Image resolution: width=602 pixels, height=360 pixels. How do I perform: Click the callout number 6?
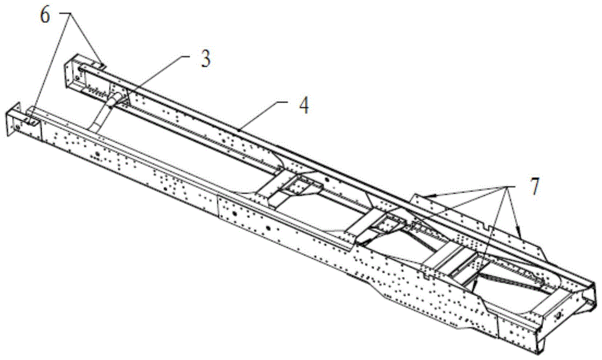pyautogui.click(x=45, y=14)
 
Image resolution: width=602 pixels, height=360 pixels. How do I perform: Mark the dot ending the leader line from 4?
pyautogui.click(x=240, y=128)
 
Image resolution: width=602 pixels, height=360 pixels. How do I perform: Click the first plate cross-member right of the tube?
pyautogui.click(x=295, y=188)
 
